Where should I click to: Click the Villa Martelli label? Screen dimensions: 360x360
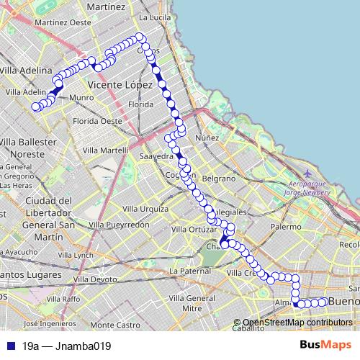tap(105, 150)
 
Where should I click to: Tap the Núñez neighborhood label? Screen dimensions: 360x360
tap(207, 137)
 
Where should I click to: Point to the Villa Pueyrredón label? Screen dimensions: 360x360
tap(119, 225)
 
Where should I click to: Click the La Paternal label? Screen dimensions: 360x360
tap(190, 270)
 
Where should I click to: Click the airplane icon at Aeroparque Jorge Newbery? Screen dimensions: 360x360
tap(309, 173)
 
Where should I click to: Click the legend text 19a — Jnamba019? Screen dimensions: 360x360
tap(66, 346)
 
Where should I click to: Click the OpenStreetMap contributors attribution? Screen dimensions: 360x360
tap(296, 322)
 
